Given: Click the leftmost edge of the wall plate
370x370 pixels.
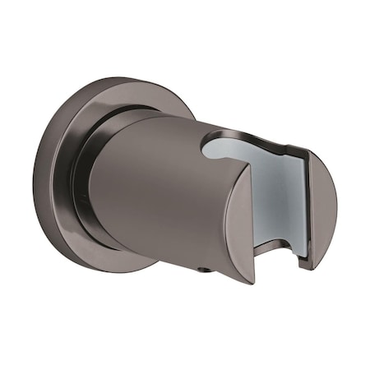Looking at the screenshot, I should [x=35, y=177].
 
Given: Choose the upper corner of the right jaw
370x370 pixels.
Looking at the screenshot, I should [x=311, y=156].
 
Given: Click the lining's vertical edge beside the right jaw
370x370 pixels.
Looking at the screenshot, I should [x=305, y=206].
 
